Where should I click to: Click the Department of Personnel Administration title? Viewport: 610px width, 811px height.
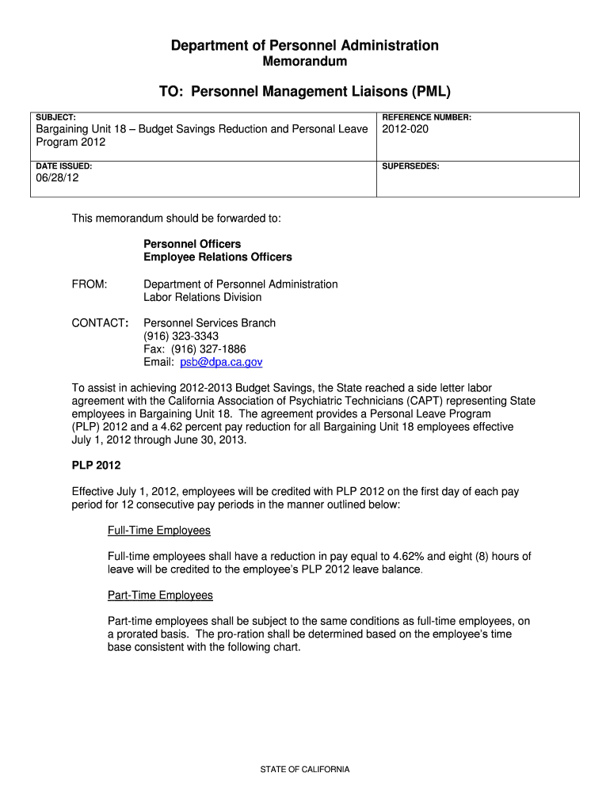click(305, 45)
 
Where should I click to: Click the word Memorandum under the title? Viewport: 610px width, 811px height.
click(304, 62)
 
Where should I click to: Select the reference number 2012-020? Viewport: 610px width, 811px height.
click(405, 129)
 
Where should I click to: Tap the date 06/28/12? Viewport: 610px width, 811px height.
click(58, 178)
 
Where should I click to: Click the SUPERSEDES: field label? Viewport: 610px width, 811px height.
click(410, 166)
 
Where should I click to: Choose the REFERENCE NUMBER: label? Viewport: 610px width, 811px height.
click(426, 117)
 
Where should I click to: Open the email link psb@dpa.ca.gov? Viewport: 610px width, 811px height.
click(221, 362)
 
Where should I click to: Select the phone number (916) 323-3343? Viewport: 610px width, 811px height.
click(181, 336)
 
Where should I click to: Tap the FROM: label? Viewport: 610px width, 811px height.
click(90, 284)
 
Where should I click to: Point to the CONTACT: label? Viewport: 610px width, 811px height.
click(101, 323)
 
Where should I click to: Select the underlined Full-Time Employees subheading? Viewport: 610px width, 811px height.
click(159, 530)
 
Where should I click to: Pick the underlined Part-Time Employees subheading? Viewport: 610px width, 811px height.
click(160, 595)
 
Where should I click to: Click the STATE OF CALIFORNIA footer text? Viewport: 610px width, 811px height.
click(305, 769)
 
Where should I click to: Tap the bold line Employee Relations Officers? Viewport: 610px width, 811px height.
click(218, 257)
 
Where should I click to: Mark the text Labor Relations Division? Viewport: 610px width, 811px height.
click(202, 298)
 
